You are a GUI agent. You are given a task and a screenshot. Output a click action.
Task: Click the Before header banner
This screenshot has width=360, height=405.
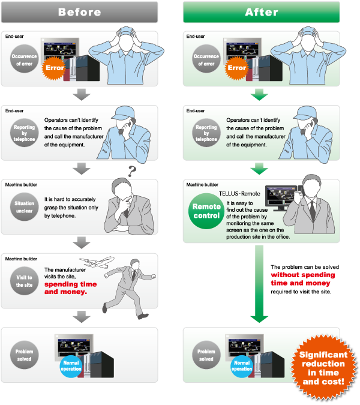[x=79, y=12]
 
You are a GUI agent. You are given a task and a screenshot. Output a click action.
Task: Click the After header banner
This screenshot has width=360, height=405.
[x=261, y=12]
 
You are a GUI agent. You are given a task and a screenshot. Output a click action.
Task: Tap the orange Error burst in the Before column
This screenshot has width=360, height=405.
[x=55, y=67]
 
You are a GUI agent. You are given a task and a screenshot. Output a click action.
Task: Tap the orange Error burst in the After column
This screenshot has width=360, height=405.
[x=237, y=67]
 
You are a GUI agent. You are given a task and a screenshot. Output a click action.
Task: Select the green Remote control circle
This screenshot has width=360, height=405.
[x=206, y=211]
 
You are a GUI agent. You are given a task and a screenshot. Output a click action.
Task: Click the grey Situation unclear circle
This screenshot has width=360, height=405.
[x=25, y=207]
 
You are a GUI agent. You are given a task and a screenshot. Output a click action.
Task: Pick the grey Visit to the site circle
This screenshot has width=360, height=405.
[x=25, y=281]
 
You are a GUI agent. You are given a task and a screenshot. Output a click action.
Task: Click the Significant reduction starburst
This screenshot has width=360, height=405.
[x=322, y=368]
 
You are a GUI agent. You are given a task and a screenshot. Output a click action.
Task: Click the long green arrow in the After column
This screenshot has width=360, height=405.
[x=259, y=282]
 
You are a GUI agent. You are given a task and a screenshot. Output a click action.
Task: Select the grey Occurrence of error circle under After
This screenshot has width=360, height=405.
[x=206, y=60]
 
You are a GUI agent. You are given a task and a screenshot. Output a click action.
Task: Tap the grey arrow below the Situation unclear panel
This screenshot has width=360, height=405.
[x=80, y=243]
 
